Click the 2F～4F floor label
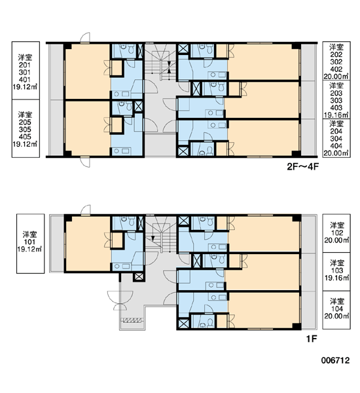302,166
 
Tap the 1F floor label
312,339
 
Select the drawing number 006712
335,360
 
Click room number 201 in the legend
25,65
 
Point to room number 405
25,137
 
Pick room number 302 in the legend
336,62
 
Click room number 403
336,107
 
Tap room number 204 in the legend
336,131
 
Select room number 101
30,242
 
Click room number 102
336,233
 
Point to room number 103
336,271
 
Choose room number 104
336,309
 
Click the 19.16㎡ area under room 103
336,278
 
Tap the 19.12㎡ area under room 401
25,87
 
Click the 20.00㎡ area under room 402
336,76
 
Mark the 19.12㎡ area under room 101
30,250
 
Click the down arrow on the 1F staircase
153,238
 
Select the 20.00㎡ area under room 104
336,316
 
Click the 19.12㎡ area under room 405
25,144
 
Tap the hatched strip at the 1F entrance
132,320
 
